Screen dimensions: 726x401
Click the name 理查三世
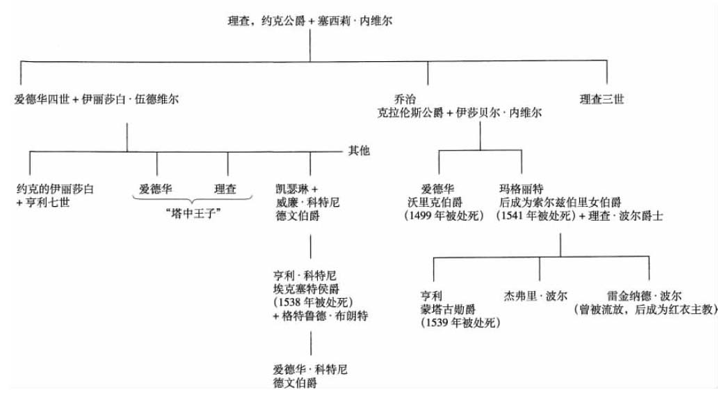(602, 100)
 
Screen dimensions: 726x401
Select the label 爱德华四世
(42, 100)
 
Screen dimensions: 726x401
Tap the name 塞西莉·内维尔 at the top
(355, 21)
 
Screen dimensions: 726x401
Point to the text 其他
(359, 150)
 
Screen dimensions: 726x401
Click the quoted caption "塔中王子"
(193, 214)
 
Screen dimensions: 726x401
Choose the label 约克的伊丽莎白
(55, 189)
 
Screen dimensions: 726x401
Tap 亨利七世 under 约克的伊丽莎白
(48, 203)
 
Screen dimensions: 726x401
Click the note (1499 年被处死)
(444, 216)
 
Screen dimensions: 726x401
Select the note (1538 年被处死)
(313, 303)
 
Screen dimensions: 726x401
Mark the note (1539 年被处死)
(460, 322)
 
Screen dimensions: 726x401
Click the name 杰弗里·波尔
(535, 296)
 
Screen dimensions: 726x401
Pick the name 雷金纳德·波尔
(645, 296)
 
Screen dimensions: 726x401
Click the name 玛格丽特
(522, 189)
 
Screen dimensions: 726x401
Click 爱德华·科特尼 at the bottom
(310, 370)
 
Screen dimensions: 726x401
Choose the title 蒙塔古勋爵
(448, 309)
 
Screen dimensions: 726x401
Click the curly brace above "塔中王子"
(193, 200)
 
